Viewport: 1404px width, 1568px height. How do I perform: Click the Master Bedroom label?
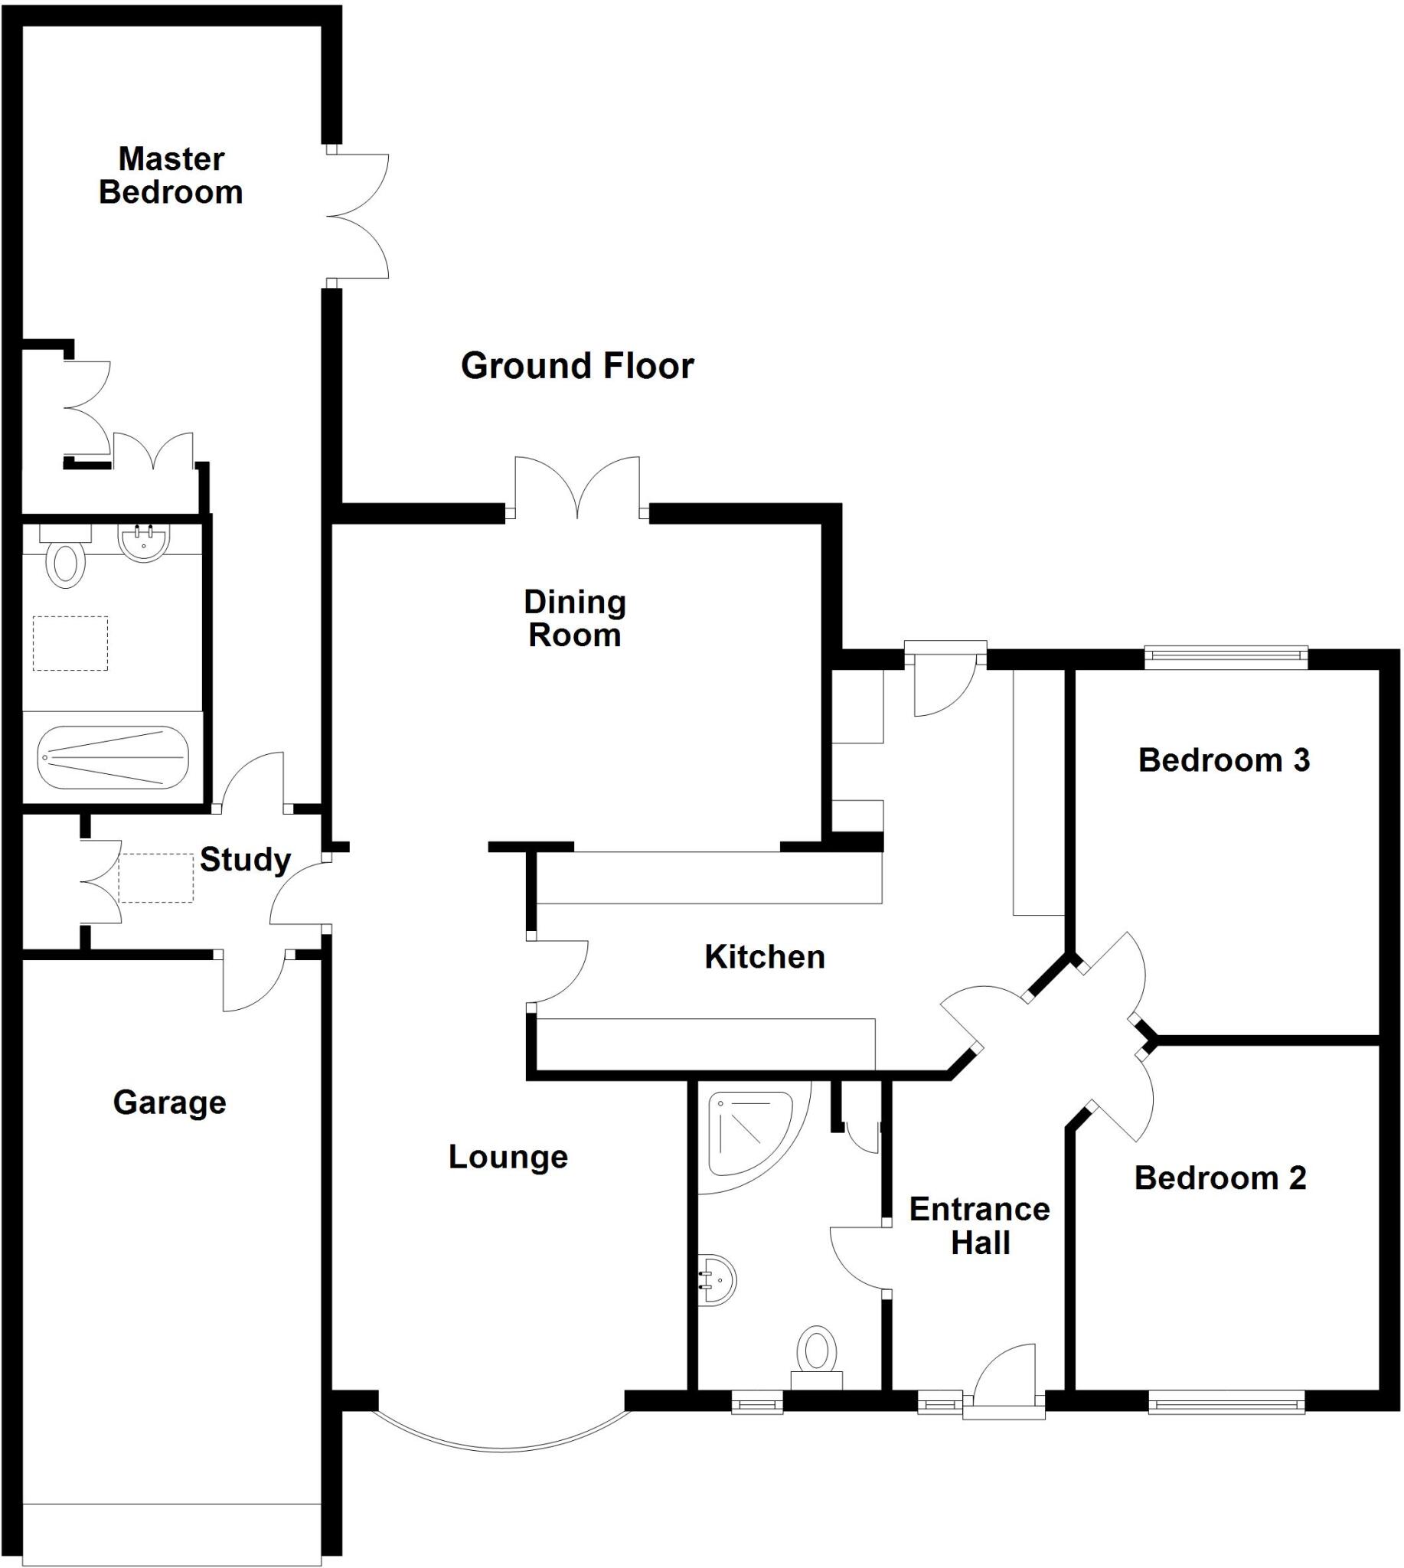click(171, 176)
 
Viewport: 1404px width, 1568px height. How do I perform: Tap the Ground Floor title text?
click(577, 366)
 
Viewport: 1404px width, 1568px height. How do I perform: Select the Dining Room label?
click(575, 619)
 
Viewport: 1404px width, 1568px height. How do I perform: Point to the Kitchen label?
click(765, 957)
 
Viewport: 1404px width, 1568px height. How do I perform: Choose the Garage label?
click(170, 1102)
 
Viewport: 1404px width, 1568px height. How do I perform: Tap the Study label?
click(244, 860)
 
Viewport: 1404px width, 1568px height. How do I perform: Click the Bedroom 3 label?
click(1223, 761)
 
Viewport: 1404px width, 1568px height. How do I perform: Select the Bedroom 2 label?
click(1220, 1178)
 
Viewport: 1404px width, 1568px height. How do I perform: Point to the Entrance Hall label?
click(979, 1227)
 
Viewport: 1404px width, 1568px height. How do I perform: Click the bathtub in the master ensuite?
click(113, 757)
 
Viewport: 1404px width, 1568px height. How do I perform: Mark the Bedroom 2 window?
click(1226, 1401)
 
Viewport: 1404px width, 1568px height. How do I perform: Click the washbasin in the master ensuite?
click(144, 543)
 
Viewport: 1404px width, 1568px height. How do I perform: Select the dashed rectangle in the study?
click(156, 877)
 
